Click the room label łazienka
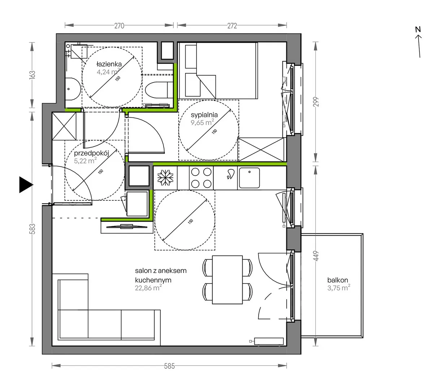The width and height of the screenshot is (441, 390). pyautogui.click(x=109, y=64)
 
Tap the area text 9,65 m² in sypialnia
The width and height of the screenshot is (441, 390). pyautogui.click(x=202, y=122)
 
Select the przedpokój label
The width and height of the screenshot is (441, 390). pyautogui.click(x=91, y=153)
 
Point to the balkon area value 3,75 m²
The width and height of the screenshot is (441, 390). pyautogui.click(x=339, y=288)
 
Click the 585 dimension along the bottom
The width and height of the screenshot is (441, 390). pyautogui.click(x=169, y=366)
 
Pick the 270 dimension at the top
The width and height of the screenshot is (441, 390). pyautogui.click(x=119, y=26)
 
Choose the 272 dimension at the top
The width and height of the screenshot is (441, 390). pyautogui.click(x=232, y=26)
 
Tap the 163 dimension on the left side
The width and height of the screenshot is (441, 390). pyautogui.click(x=32, y=75)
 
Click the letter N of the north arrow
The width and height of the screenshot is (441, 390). pyautogui.click(x=418, y=29)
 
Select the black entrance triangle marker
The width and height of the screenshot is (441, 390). pyautogui.click(x=26, y=185)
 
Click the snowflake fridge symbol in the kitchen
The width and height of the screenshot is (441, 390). pyautogui.click(x=165, y=178)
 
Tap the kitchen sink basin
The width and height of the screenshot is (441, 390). pyautogui.click(x=249, y=178)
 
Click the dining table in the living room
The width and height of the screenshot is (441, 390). pyautogui.click(x=227, y=279)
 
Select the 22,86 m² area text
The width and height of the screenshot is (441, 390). pyautogui.click(x=148, y=288)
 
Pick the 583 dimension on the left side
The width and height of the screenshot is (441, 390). pyautogui.click(x=32, y=229)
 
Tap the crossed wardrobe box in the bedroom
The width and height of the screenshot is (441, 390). pyautogui.click(x=261, y=149)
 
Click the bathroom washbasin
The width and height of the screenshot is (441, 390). pyautogui.click(x=73, y=89)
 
